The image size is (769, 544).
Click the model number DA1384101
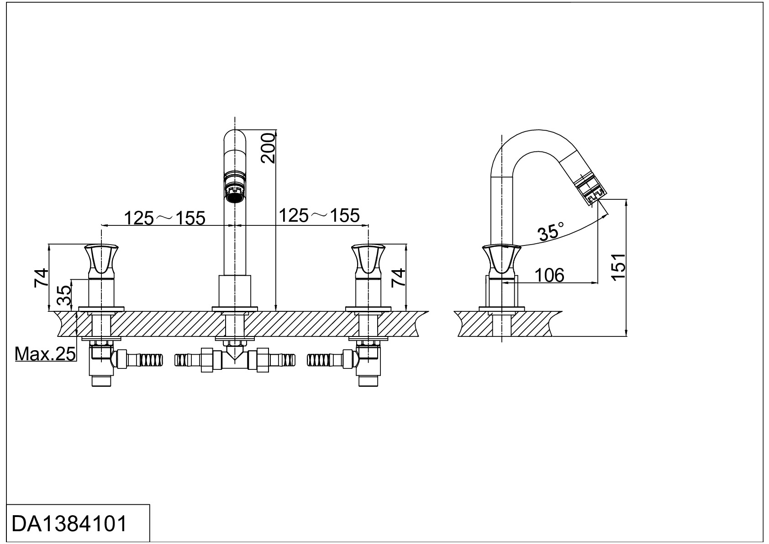click(69, 524)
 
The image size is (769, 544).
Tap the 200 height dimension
click(268, 148)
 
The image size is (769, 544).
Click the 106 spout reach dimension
click(549, 275)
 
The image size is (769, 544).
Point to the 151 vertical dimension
click(619, 267)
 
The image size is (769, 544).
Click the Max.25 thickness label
click(45, 354)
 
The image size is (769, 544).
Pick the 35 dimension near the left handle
click(64, 295)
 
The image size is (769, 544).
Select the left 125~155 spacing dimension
click(164, 218)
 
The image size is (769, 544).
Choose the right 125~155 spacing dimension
click(319, 215)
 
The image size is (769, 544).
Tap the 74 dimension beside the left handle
click(41, 277)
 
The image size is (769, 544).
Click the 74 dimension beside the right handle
click(398, 277)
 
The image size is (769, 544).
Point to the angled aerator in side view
click(589, 190)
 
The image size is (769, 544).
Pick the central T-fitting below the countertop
click(235, 359)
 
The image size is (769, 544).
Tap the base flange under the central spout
click(235, 309)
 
